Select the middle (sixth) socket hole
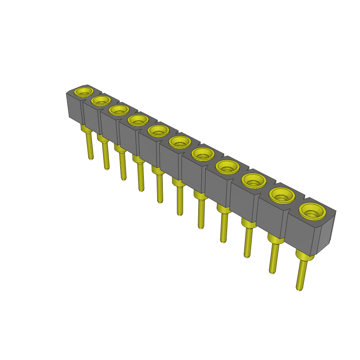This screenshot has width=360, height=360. coord(180,142)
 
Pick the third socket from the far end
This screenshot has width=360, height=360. coord(118,110)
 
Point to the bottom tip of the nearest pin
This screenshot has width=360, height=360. coord(299,289)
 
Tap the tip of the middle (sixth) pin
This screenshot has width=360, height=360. coord(180,213)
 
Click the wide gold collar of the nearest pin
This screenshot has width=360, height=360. coord(304,255)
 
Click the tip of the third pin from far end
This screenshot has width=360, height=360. coord(123,179)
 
